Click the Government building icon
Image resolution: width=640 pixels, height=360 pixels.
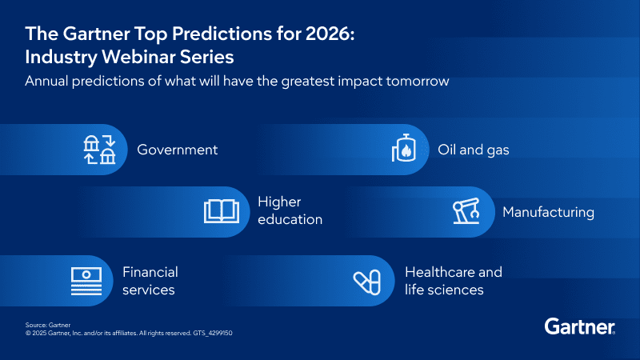pyautogui.click(x=99, y=150)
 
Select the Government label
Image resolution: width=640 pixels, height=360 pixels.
pyautogui.click(x=177, y=150)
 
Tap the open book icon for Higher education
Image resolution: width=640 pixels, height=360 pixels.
pyautogui.click(x=222, y=210)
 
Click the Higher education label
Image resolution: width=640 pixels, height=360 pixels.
pyautogui.click(x=290, y=210)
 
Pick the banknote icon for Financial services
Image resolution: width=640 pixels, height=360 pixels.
pyautogui.click(x=86, y=281)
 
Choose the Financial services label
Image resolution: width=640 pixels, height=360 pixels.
pyautogui.click(x=150, y=281)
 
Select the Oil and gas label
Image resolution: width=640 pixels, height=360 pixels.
pyautogui.click(x=473, y=150)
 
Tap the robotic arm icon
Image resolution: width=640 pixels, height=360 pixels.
pyautogui.click(x=466, y=212)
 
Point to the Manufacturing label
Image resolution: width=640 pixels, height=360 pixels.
pyautogui.click(x=548, y=212)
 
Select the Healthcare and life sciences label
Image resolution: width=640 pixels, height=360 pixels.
pyautogui.click(x=454, y=281)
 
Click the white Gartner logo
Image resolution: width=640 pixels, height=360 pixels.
pyautogui.click(x=579, y=326)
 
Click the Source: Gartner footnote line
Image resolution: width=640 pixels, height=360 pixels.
pyautogui.click(x=48, y=325)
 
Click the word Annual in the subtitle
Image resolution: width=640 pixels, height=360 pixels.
pyautogui.click(x=46, y=81)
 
